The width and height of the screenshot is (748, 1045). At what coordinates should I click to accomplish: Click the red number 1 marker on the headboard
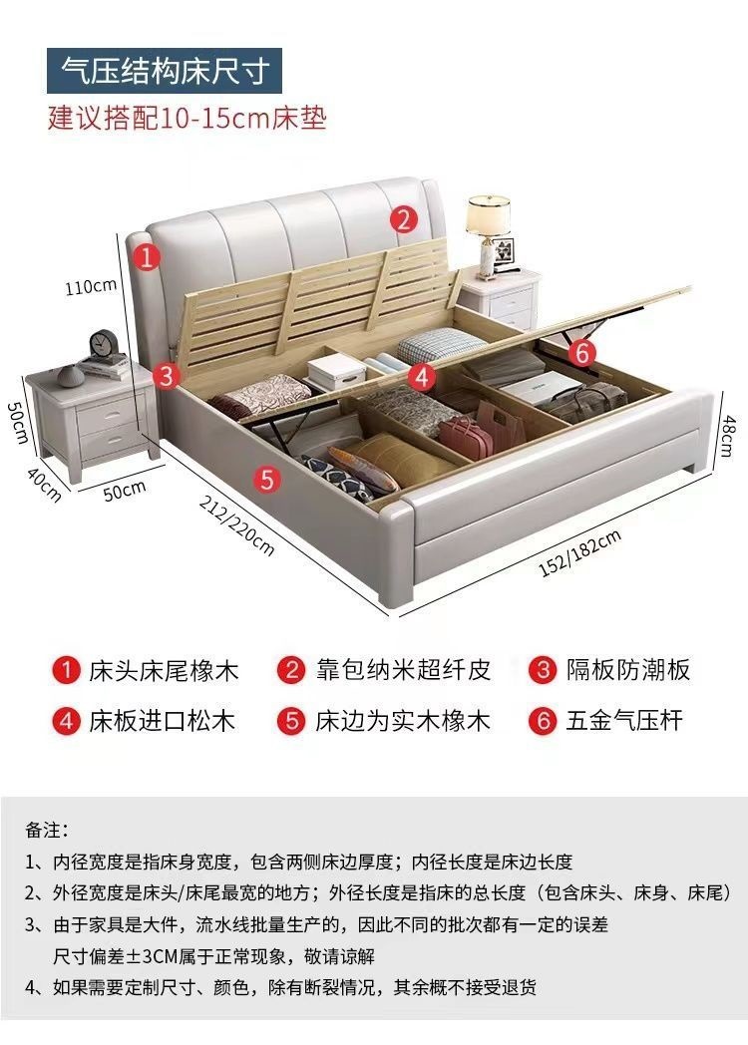point(147,257)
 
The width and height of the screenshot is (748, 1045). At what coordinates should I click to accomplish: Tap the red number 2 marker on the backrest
point(402,219)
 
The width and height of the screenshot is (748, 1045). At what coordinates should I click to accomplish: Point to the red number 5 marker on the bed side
point(266,479)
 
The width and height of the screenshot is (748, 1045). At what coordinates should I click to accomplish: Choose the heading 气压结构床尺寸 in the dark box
point(166,70)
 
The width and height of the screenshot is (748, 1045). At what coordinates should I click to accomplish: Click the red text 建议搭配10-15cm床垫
point(187,118)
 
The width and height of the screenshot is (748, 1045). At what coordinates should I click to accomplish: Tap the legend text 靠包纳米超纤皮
point(402,669)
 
